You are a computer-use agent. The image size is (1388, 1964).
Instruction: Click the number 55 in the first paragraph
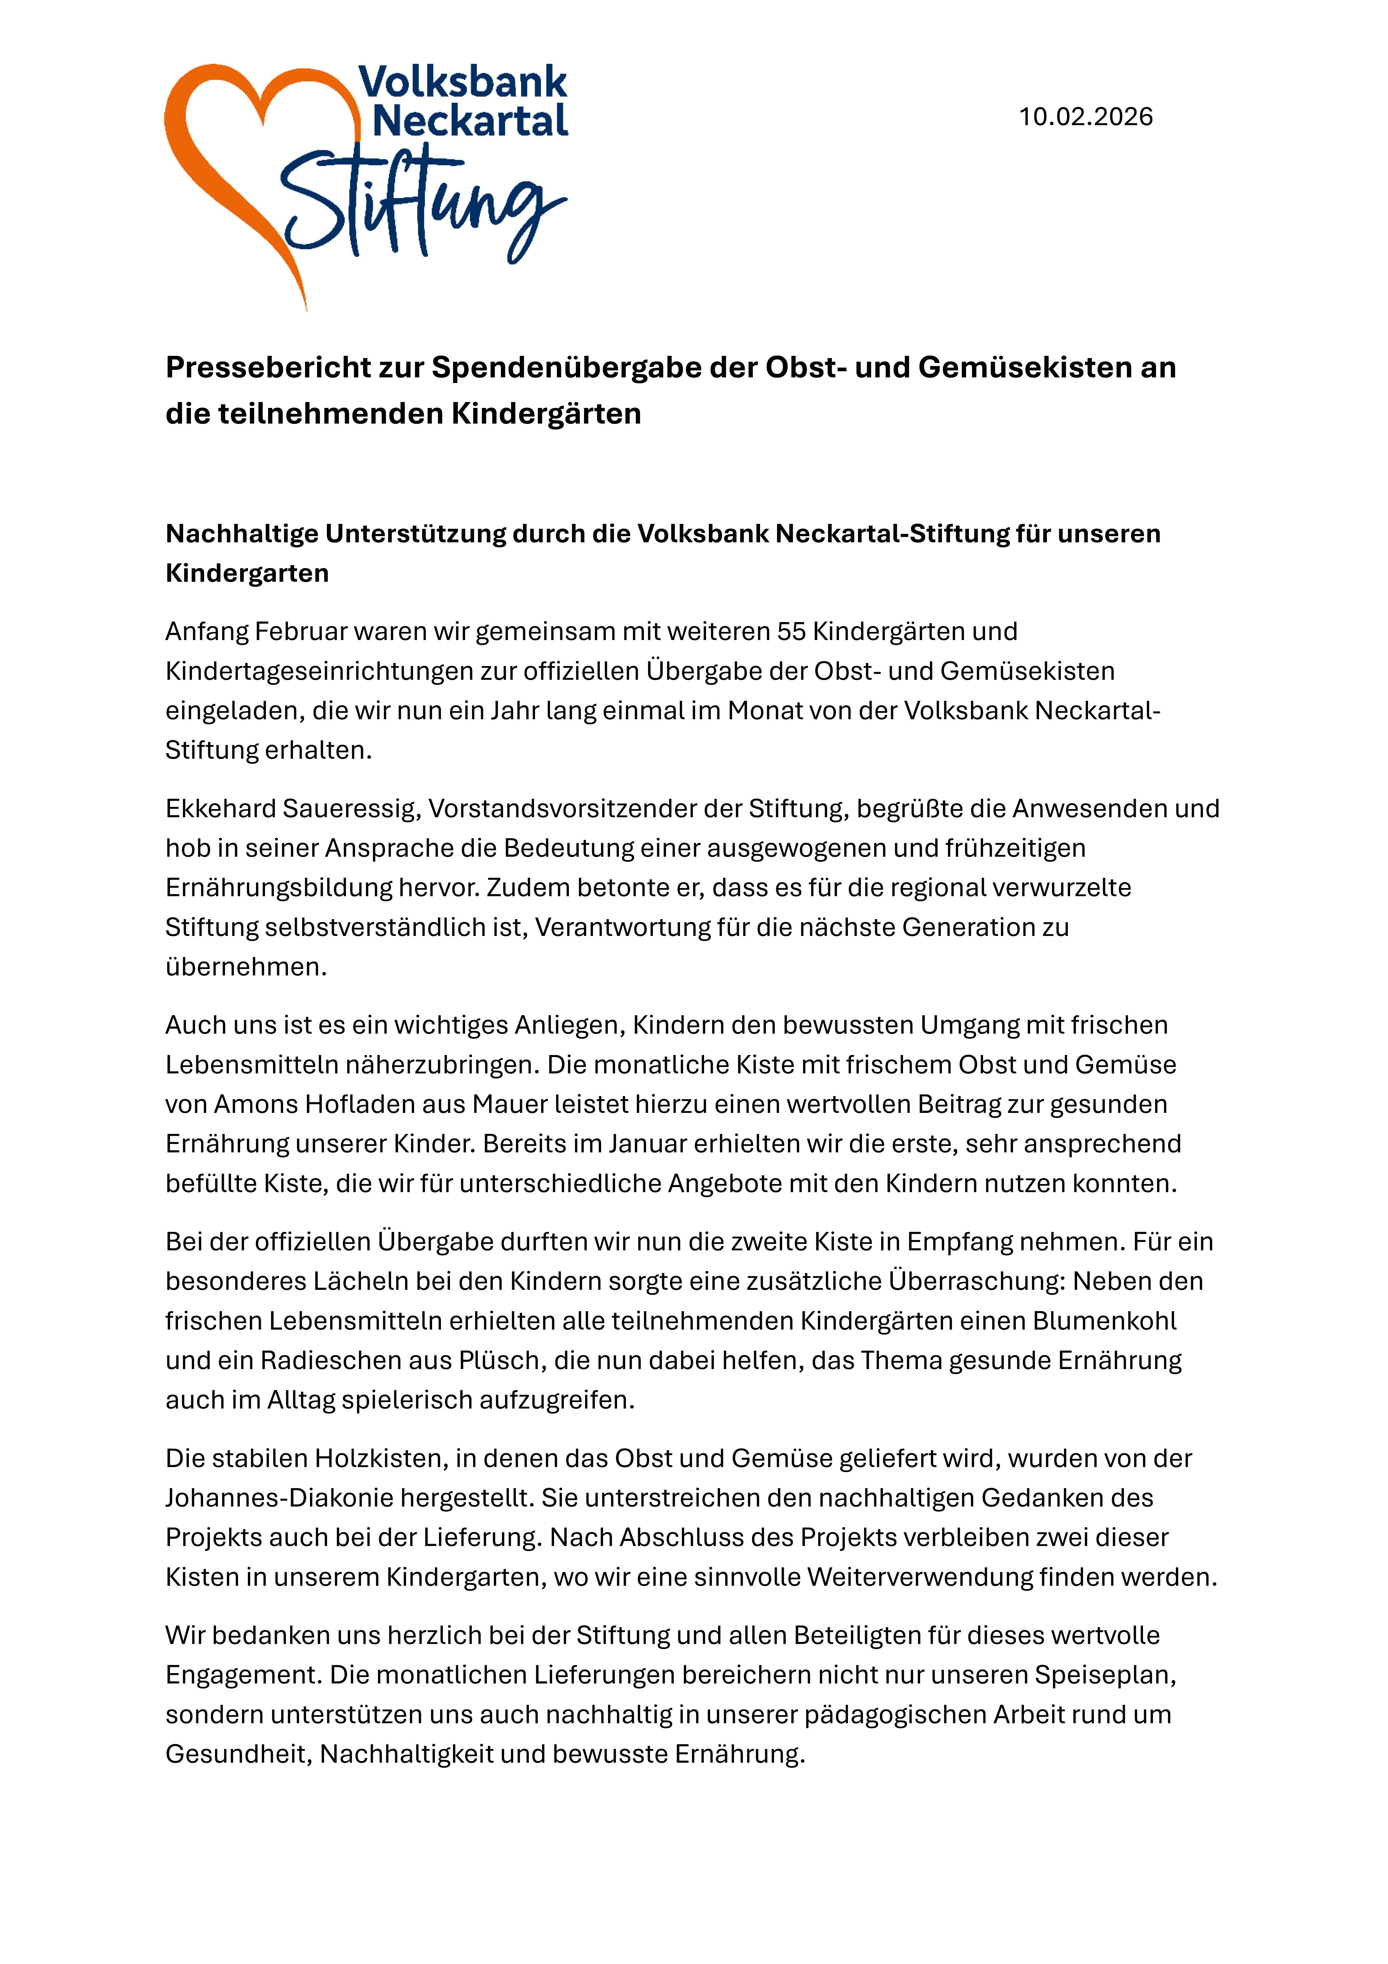(x=791, y=631)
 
